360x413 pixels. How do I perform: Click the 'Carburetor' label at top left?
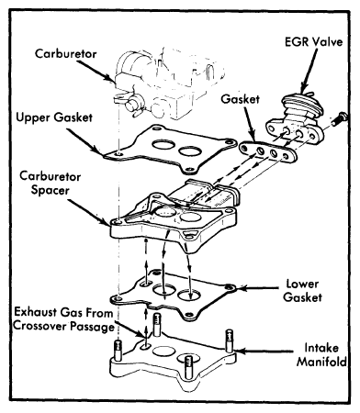(x=66, y=54)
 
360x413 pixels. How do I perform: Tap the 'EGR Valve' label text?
(x=313, y=41)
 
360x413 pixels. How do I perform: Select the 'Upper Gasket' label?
(x=54, y=117)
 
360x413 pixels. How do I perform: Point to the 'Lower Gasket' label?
(x=302, y=290)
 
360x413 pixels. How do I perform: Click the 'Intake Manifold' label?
(x=321, y=355)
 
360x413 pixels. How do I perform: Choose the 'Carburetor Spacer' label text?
(x=51, y=184)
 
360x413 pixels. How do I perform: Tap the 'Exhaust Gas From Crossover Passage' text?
(x=63, y=319)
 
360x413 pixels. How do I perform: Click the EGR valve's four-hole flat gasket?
(x=268, y=151)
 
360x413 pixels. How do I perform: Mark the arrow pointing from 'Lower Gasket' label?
(x=257, y=288)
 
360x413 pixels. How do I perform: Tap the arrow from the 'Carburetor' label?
(x=96, y=72)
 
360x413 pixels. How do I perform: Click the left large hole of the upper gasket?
(x=162, y=144)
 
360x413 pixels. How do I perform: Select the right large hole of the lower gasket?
(x=189, y=295)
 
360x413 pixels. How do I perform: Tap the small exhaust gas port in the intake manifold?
(x=145, y=347)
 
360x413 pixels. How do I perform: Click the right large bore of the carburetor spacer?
(x=190, y=217)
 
